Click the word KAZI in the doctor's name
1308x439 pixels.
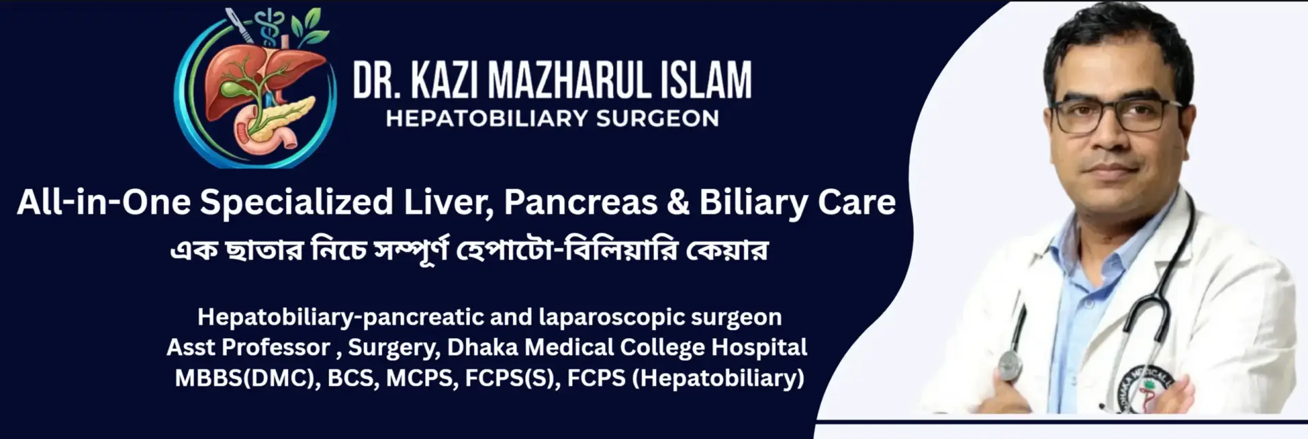point(443,80)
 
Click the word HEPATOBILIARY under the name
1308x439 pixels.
point(486,119)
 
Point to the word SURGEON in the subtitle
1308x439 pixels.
point(657,119)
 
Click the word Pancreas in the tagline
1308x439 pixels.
point(581,202)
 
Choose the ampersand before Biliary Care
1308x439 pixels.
point(678,202)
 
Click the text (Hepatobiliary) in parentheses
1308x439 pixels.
point(718,378)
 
